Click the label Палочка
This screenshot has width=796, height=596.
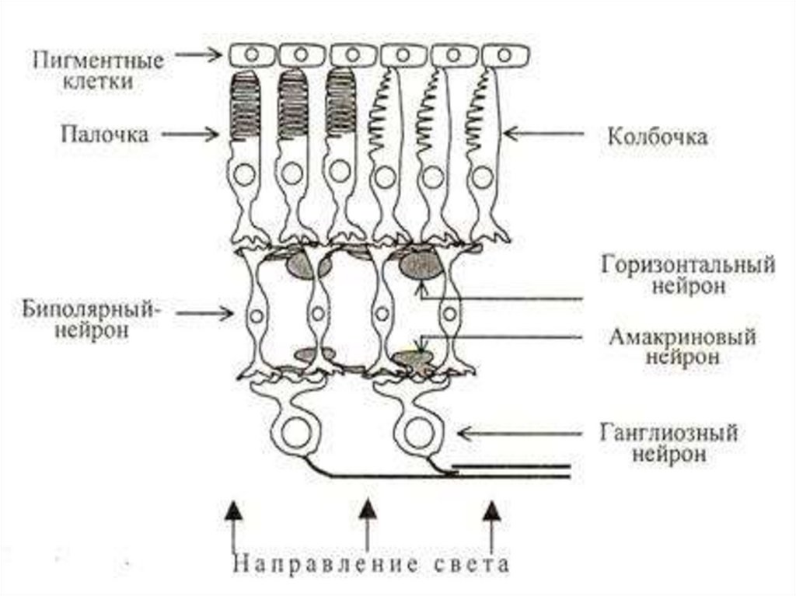click(105, 134)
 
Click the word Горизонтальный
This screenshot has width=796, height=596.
click(687, 264)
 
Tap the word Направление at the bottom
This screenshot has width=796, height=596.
click(330, 563)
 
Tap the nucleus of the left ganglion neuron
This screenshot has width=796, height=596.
click(296, 432)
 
